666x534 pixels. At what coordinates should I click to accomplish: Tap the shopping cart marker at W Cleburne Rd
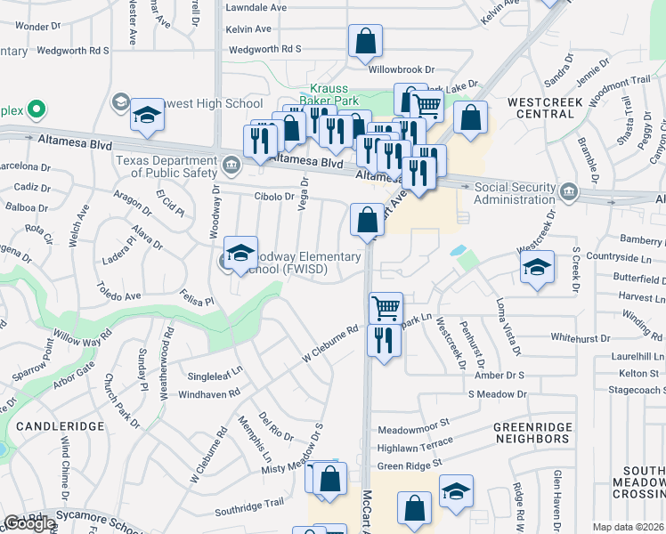pyautogui.click(x=386, y=308)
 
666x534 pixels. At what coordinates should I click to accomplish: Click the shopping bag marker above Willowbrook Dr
pyautogui.click(x=365, y=41)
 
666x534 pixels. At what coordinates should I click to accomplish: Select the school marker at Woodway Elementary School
pyautogui.click(x=240, y=254)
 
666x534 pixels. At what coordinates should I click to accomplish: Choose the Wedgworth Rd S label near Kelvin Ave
pyautogui.click(x=265, y=49)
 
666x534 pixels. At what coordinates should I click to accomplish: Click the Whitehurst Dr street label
pyautogui.click(x=581, y=337)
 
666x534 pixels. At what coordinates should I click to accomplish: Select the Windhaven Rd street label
pyautogui.click(x=210, y=393)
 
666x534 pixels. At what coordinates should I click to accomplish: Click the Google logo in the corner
pyautogui.click(x=29, y=523)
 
